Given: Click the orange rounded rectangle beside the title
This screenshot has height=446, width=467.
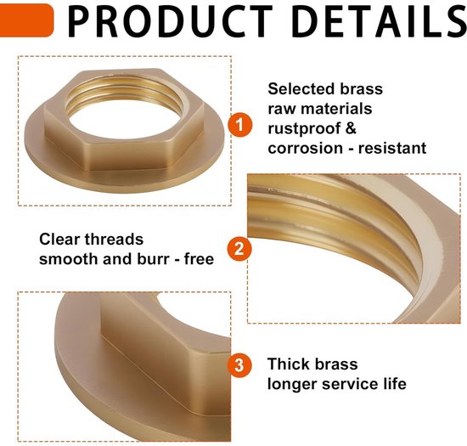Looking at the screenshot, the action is point(26,20).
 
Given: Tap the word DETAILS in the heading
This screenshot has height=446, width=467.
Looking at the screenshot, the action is point(380,22).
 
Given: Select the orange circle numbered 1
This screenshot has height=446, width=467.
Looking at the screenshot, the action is point(240,125).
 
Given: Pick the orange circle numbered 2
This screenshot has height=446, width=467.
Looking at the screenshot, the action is point(239,249).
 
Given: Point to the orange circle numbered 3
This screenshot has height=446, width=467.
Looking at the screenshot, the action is point(239,365).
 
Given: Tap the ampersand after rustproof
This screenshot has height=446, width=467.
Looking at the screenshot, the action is point(351,128).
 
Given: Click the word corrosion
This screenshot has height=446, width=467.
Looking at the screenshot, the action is point(306,148).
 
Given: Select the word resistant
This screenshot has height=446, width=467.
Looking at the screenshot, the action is point(392,148).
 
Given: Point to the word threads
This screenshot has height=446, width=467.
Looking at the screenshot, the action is point(114,240).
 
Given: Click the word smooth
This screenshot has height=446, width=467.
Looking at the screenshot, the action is point(68,259).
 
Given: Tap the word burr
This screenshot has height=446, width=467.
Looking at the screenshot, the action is point(153,259).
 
